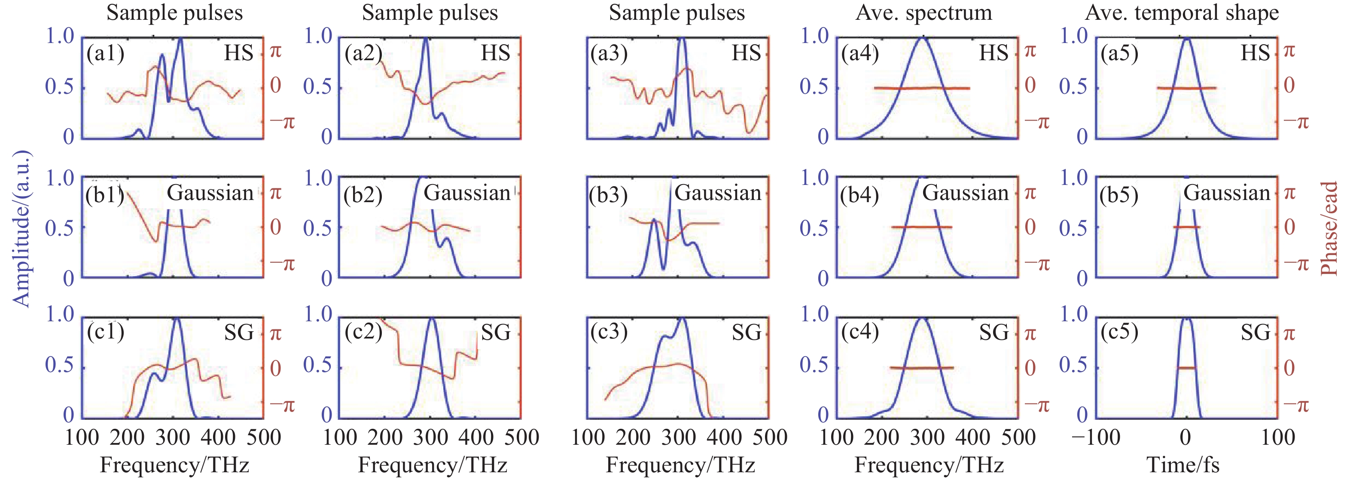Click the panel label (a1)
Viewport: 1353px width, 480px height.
point(106,54)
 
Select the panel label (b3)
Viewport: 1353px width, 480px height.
point(608,195)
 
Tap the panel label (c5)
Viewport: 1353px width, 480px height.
point(1119,332)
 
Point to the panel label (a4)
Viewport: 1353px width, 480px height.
point(860,54)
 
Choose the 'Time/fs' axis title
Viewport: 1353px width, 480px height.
point(1183,465)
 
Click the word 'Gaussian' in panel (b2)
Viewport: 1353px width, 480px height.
point(467,193)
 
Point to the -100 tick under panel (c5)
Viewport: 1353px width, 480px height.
point(1096,437)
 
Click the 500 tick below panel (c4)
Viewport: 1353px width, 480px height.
point(1018,437)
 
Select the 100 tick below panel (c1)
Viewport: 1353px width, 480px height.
point(82,437)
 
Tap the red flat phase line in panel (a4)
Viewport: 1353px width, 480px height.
point(922,88)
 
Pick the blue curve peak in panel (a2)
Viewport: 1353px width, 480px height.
point(425,39)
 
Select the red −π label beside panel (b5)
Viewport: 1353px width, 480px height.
point(1296,264)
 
